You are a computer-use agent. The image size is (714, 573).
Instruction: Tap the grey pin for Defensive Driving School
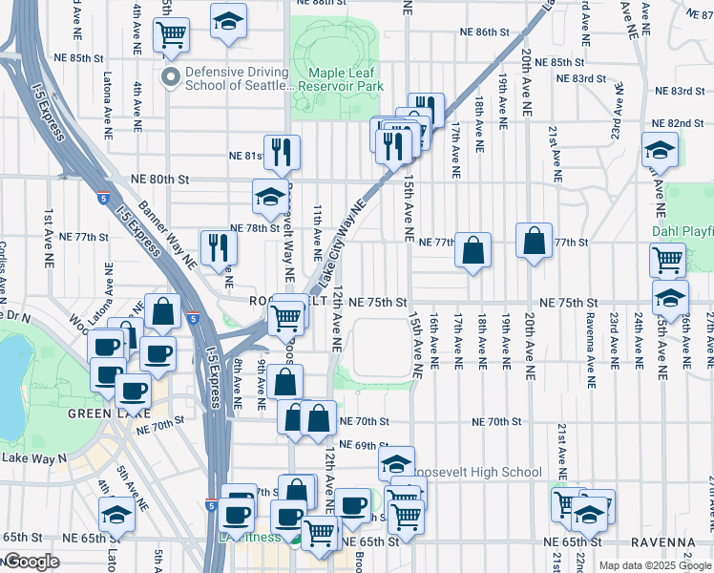[x=171, y=77]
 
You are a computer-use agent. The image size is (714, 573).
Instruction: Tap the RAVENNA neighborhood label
[x=682, y=541]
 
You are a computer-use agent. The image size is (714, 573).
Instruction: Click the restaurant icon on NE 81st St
[x=282, y=153]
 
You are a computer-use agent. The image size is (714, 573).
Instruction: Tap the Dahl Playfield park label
[x=683, y=231]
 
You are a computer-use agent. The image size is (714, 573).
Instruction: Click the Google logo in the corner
[x=31, y=562]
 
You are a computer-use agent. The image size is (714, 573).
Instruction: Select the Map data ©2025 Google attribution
[x=654, y=565]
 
